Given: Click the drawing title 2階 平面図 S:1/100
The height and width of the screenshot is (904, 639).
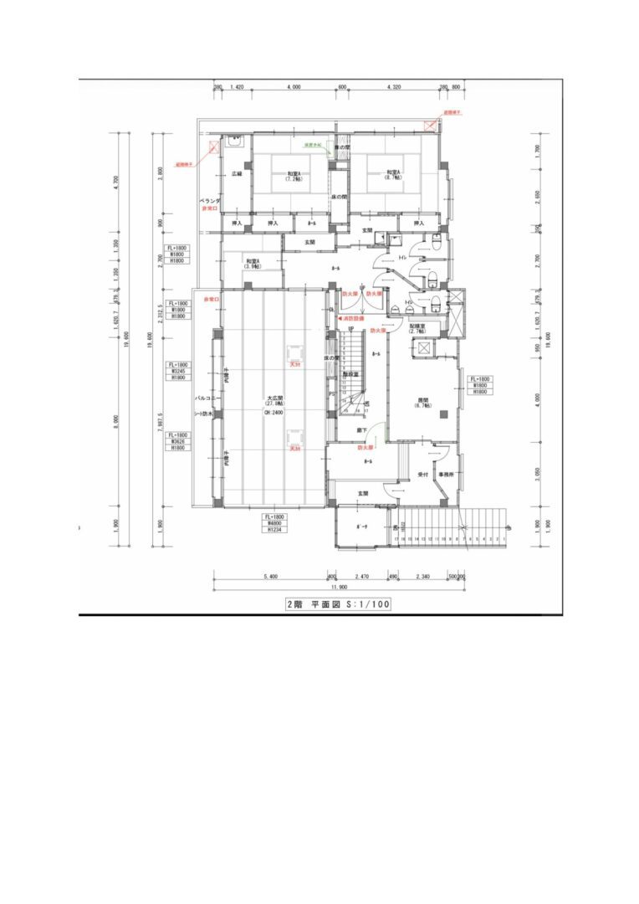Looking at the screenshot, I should pyautogui.click(x=339, y=603).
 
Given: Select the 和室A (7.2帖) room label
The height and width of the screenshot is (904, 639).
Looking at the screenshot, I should pyautogui.click(x=293, y=176).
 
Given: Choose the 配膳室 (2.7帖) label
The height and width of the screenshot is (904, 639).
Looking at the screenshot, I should pyautogui.click(x=418, y=329).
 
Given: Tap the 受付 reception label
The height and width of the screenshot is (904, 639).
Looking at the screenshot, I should pyautogui.click(x=423, y=475).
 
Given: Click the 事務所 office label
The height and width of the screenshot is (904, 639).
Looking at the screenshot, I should pyautogui.click(x=446, y=475).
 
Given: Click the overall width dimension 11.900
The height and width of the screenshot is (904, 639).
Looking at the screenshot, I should pyautogui.click(x=339, y=587).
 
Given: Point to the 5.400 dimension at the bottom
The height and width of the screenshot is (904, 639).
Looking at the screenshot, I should pyautogui.click(x=270, y=576).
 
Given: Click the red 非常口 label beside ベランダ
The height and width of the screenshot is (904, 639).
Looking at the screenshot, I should pyautogui.click(x=209, y=208).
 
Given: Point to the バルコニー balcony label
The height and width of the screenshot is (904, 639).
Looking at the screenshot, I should pyautogui.click(x=207, y=399).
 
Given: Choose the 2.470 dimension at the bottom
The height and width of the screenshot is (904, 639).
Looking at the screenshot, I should pyautogui.click(x=362, y=576).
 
